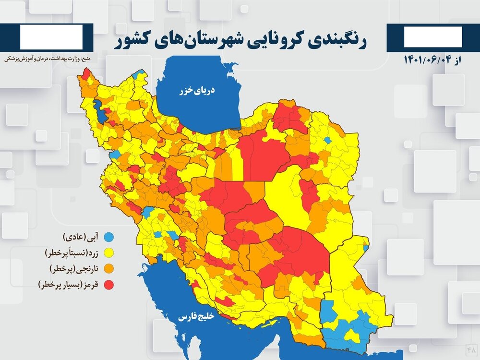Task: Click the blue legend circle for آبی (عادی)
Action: (x=109, y=237)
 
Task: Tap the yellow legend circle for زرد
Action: (x=109, y=252)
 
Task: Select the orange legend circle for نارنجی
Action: (x=109, y=268)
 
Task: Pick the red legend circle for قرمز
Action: (x=109, y=285)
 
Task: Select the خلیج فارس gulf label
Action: (x=197, y=317)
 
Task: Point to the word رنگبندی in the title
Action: (x=338, y=40)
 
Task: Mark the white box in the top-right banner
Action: (x=433, y=37)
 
